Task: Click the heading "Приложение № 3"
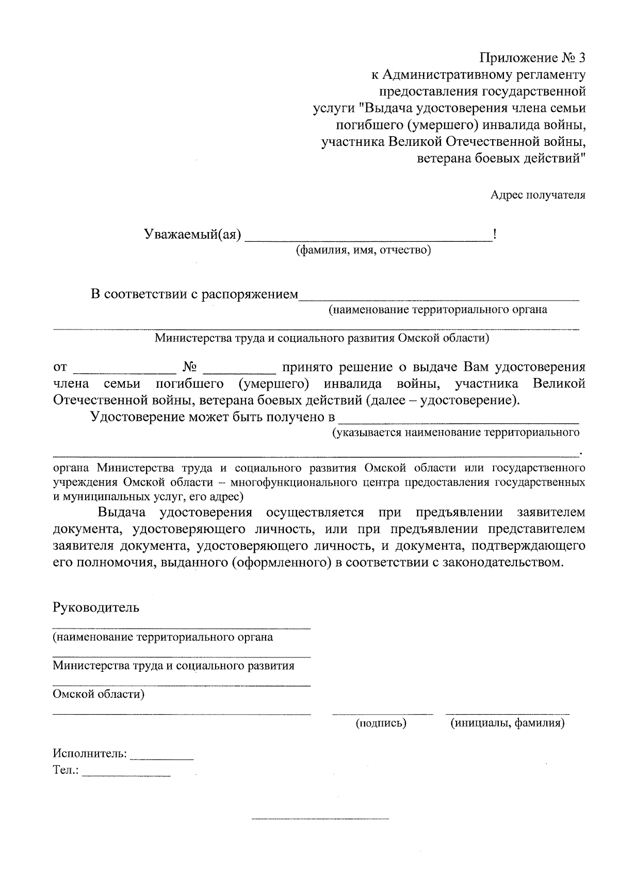[533, 57]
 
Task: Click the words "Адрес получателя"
[537, 195]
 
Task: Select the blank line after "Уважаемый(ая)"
[368, 239]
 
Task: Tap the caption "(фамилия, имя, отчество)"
[363, 251]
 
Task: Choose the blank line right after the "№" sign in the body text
[240, 372]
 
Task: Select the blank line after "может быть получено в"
[460, 422]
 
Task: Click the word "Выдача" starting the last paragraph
[122, 513]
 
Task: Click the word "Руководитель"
[96, 607]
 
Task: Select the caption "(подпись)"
[381, 723]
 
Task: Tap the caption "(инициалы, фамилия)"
[508, 723]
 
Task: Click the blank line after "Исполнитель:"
[162, 759]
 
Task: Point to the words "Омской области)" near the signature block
[99, 694]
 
